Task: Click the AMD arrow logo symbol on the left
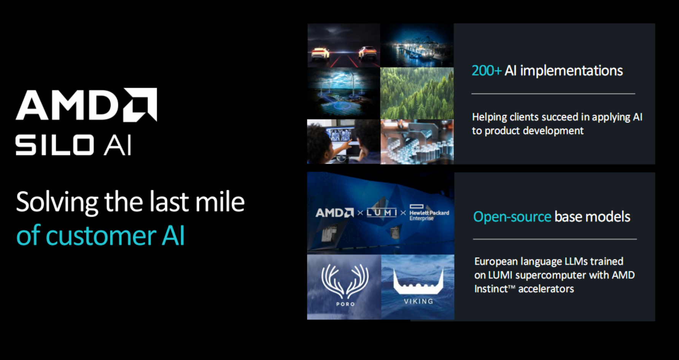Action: tap(140, 105)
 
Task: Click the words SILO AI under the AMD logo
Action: tap(73, 145)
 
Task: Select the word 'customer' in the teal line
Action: tap(101, 236)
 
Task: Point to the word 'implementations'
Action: tap(571, 71)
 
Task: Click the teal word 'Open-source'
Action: tap(512, 217)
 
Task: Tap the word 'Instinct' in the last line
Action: tap(491, 289)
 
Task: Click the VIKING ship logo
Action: tap(418, 282)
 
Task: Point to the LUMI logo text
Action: tap(382, 213)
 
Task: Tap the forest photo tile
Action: tap(417, 93)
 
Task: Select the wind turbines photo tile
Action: tap(343, 93)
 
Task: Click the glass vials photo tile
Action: tap(417, 142)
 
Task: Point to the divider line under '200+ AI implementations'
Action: tap(553, 94)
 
